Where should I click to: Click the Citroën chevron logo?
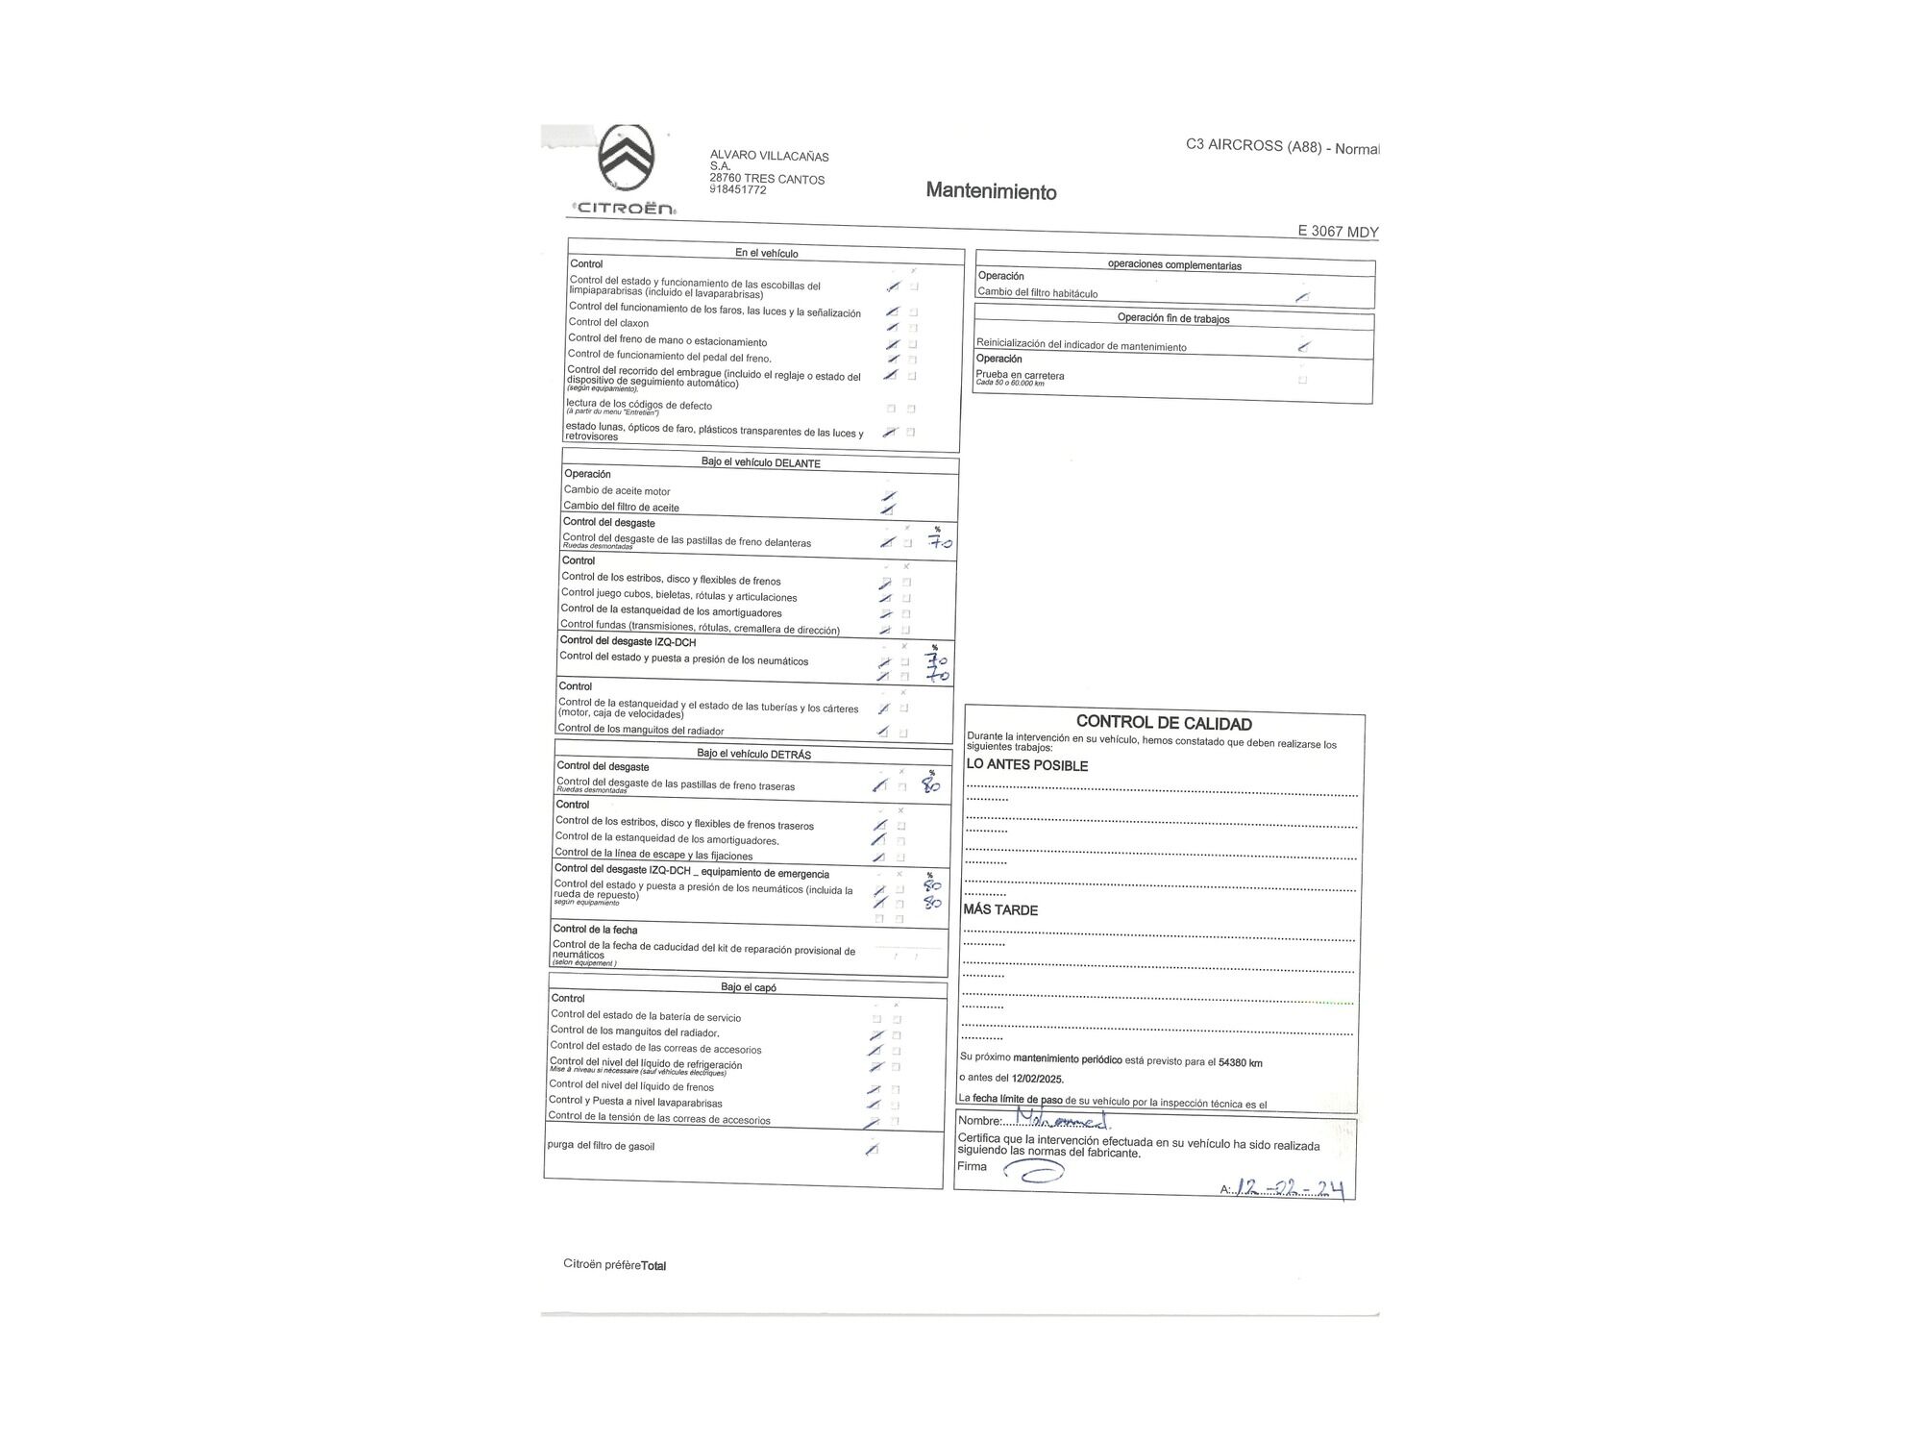pyautogui.click(x=627, y=159)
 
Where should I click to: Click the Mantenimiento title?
pyautogui.click(x=991, y=191)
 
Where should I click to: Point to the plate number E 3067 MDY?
pyautogui.click(x=1338, y=232)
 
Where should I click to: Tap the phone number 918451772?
pyautogui.click(x=738, y=190)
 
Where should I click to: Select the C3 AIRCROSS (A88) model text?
pyautogui.click(x=1282, y=147)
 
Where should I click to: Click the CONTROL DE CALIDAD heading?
pyautogui.click(x=1163, y=723)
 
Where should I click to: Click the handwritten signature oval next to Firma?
pyautogui.click(x=1034, y=1170)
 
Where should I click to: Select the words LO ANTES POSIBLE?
pyautogui.click(x=1026, y=765)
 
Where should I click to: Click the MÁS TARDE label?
pyautogui.click(x=1000, y=909)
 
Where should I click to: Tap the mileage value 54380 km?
pyautogui.click(x=1240, y=1062)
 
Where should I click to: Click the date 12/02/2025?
pyautogui.click(x=1037, y=1079)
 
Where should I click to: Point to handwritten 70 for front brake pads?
pyautogui.click(x=939, y=543)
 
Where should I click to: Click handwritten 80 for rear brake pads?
pyautogui.click(x=930, y=784)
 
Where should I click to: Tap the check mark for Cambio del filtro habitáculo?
pyautogui.click(x=1302, y=297)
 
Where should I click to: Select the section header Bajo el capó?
pyautogui.click(x=748, y=987)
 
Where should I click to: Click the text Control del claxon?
pyautogui.click(x=608, y=323)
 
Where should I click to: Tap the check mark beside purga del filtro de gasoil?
pyautogui.click(x=872, y=1149)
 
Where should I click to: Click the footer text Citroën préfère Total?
pyautogui.click(x=614, y=1265)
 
